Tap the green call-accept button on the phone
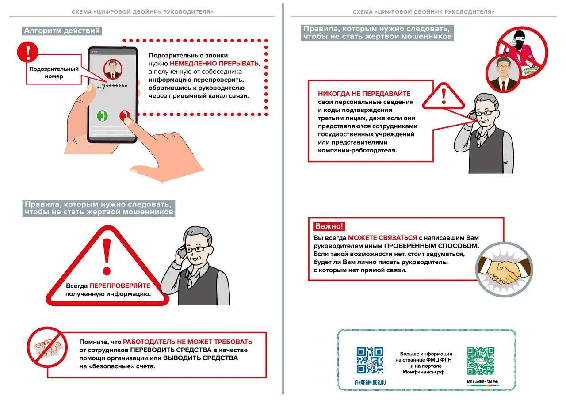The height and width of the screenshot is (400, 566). (x=102, y=116)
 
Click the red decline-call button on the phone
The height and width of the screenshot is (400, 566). (x=125, y=116)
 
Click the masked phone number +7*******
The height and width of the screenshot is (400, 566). (x=112, y=88)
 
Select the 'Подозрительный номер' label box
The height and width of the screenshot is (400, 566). (x=54, y=72)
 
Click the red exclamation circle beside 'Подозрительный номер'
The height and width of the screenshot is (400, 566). (x=27, y=52)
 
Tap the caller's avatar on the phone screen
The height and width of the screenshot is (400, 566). (x=113, y=69)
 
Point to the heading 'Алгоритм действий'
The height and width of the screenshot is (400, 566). (x=62, y=31)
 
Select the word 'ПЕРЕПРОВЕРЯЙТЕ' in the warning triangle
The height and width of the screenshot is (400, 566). (x=120, y=286)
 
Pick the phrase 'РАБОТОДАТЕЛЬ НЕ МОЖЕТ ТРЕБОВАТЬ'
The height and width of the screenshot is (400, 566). (x=187, y=342)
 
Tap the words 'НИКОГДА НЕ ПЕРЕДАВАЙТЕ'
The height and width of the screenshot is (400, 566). (x=364, y=94)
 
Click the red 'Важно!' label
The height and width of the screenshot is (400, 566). (x=329, y=226)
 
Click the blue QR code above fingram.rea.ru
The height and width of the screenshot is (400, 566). (x=370, y=360)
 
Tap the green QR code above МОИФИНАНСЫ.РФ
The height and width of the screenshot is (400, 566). (x=480, y=360)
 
